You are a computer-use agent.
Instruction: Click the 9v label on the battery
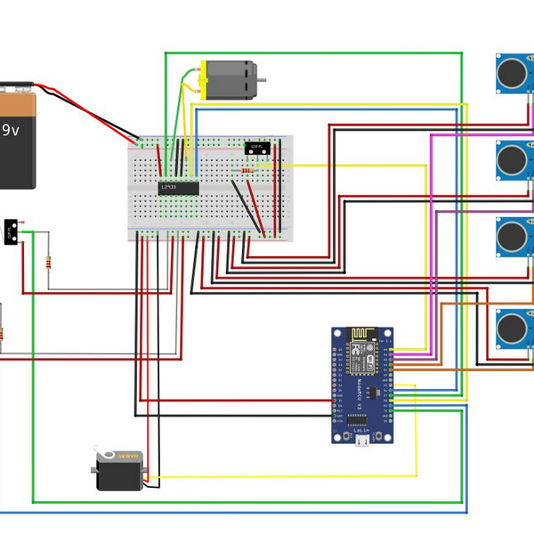point(11,130)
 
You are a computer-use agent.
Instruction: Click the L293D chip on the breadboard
point(179,187)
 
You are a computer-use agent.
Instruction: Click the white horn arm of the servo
point(106,456)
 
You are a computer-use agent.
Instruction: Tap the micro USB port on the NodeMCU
point(363,439)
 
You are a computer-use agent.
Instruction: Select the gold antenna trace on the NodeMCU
point(360,336)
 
